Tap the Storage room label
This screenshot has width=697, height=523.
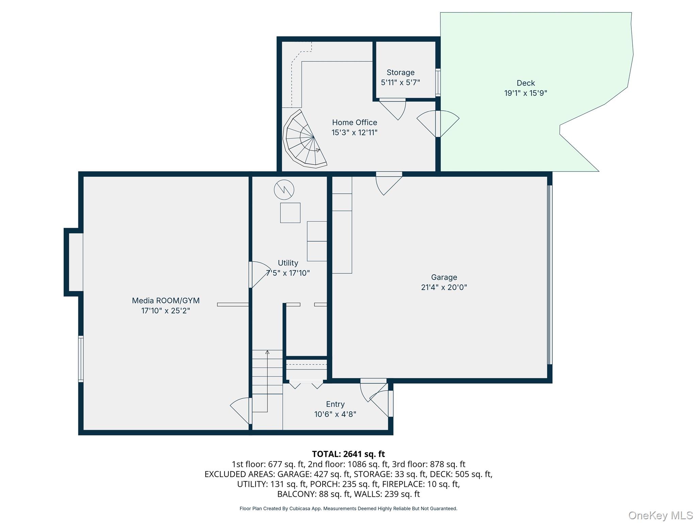click(x=400, y=73)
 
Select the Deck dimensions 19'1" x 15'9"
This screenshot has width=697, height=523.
click(x=525, y=93)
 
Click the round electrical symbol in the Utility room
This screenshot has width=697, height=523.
click(x=284, y=190)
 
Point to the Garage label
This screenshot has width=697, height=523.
click(x=444, y=278)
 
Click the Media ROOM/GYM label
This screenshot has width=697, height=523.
click(x=166, y=301)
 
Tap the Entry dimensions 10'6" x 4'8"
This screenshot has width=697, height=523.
click(x=335, y=414)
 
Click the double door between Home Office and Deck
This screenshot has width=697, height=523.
click(x=438, y=123)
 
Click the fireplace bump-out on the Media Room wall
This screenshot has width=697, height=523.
click(x=74, y=262)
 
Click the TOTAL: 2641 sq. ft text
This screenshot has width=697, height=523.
click(x=348, y=454)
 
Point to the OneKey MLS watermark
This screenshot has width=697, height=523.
click(x=660, y=515)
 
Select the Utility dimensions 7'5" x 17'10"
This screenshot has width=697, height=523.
click(x=288, y=273)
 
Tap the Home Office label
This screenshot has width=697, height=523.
click(x=354, y=123)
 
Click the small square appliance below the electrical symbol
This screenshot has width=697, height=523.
click(x=290, y=213)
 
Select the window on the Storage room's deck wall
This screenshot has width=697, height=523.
click(x=438, y=82)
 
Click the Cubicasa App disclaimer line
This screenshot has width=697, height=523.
click(x=348, y=509)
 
